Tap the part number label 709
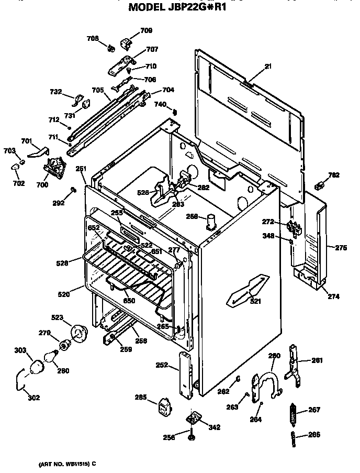pyautogui.click(x=146, y=31)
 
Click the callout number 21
pyautogui.click(x=268, y=66)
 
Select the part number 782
pyautogui.click(x=334, y=175)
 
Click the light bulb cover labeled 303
pyautogui.click(x=36, y=367)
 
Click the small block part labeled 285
pyautogui.click(x=166, y=406)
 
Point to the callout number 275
pyautogui.click(x=341, y=248)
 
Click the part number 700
pyautogui.click(x=42, y=184)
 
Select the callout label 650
pyautogui.click(x=129, y=301)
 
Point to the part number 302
pyautogui.click(x=33, y=398)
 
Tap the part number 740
pyautogui.click(x=160, y=105)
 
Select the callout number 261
pyautogui.click(x=317, y=360)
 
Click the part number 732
pyautogui.click(x=55, y=92)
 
